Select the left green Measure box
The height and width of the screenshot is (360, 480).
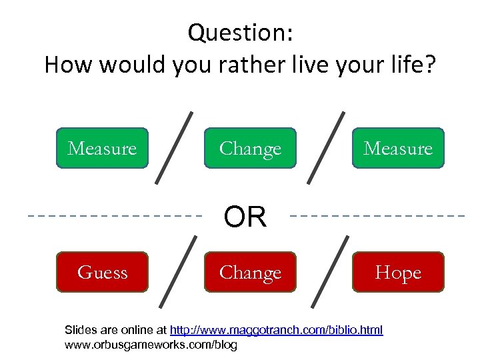(102, 148)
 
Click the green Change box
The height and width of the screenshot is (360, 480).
(250, 148)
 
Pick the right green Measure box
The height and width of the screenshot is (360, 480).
(398, 148)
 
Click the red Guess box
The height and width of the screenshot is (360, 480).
(102, 272)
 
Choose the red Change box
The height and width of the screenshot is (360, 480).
(250, 272)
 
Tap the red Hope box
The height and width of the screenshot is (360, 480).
(398, 272)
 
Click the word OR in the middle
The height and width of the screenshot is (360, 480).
(245, 217)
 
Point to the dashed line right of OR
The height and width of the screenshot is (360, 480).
(378, 216)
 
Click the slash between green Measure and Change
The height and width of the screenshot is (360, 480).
(175, 147)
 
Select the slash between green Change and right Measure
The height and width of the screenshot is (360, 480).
(326, 147)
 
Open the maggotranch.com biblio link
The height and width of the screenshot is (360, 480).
(276, 330)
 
